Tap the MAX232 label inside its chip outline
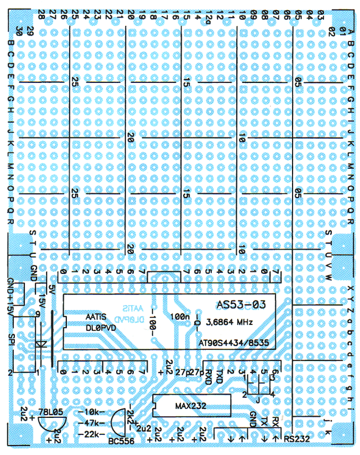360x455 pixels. coord(190,406)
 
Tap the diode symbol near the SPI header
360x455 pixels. coord(40,344)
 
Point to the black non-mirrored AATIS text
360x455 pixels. coord(96,316)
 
